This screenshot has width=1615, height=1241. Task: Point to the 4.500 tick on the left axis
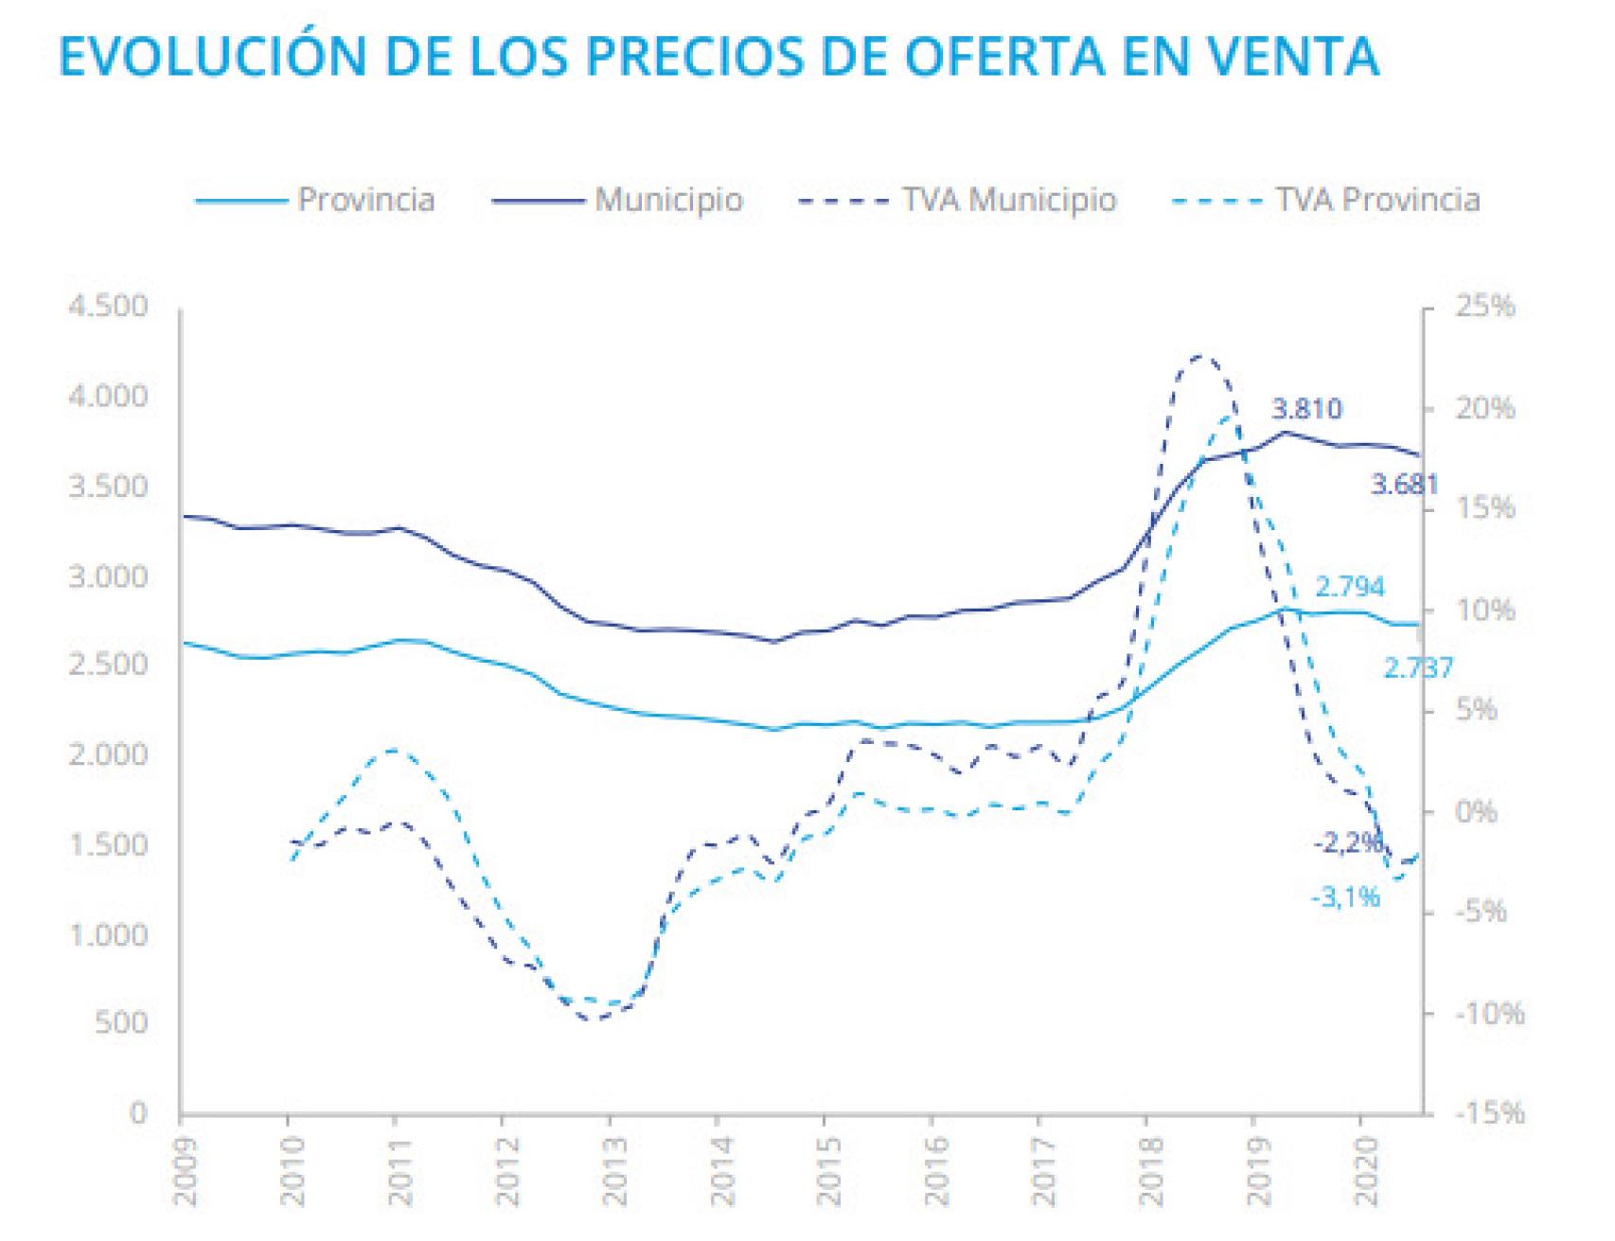click(x=108, y=307)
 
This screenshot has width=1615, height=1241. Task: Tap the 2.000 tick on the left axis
click(x=108, y=754)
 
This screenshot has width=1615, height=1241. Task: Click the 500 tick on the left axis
click(x=121, y=1023)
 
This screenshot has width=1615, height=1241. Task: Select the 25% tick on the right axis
click(x=1484, y=307)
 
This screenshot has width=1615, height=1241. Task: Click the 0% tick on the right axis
click(x=1475, y=811)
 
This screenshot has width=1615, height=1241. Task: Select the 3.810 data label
click(x=1305, y=409)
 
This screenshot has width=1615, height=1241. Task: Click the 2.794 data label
click(x=1349, y=587)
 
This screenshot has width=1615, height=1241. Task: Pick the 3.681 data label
click(x=1404, y=485)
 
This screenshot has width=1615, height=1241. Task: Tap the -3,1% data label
click(x=1345, y=896)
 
